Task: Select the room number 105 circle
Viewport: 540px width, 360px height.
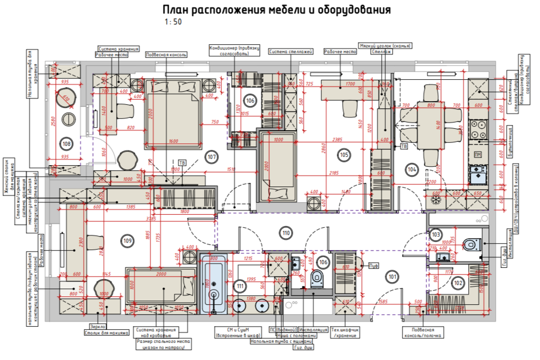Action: coord(344,154)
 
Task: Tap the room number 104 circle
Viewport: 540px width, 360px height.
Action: coord(412,169)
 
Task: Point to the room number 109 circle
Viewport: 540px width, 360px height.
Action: coord(128,240)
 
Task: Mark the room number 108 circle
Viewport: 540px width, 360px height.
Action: coord(66,143)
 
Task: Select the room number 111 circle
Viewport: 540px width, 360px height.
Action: coord(240,285)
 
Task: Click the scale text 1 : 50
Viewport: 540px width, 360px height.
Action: coord(173,22)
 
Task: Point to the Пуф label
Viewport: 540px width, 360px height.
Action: coord(373,266)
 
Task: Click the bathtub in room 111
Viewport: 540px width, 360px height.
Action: coord(214,286)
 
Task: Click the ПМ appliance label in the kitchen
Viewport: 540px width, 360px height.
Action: coord(478,154)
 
